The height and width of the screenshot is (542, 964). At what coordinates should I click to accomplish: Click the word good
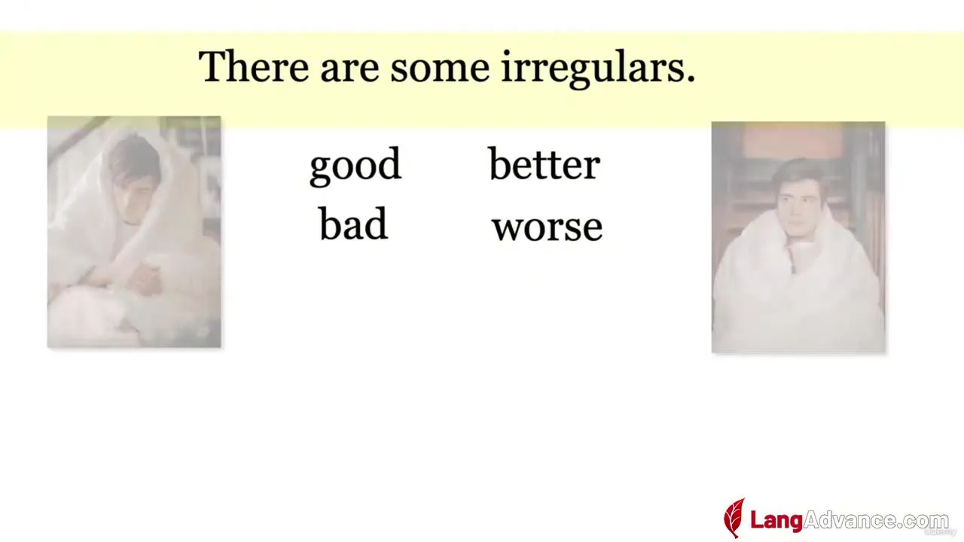tap(355, 166)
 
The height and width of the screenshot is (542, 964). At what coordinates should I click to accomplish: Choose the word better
tap(545, 163)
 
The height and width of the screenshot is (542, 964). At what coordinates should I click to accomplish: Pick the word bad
tap(353, 224)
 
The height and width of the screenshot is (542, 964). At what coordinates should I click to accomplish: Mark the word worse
tap(547, 228)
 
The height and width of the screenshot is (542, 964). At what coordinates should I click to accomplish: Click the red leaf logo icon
tap(734, 517)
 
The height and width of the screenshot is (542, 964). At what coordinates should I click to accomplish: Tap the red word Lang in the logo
tap(776, 520)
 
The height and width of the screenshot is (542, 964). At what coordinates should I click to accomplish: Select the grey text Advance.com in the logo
tap(876, 520)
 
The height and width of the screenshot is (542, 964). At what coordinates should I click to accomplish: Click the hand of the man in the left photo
tap(145, 279)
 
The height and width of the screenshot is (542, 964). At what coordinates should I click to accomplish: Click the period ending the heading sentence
tap(691, 79)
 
